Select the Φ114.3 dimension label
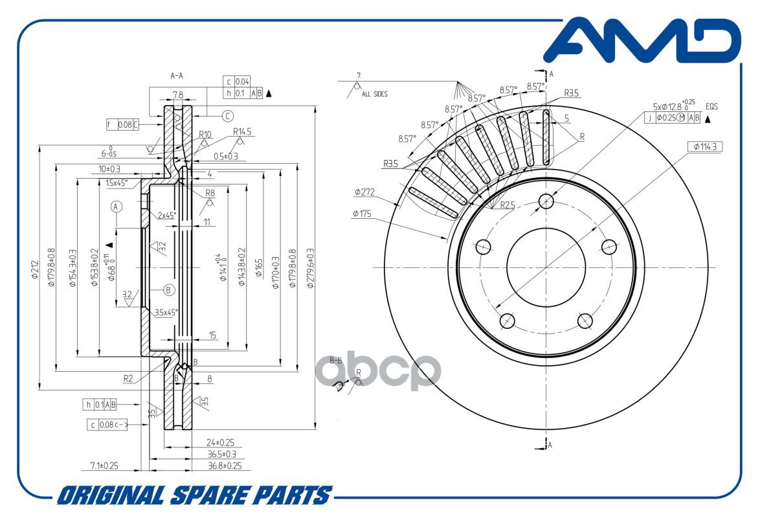(x=704, y=147)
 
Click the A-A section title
(x=177, y=76)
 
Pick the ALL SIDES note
(x=375, y=94)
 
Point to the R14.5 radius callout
(x=242, y=131)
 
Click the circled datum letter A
(x=116, y=207)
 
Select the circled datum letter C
(x=228, y=116)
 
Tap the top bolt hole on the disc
(x=546, y=200)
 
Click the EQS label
(x=712, y=106)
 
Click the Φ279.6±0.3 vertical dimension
(x=310, y=267)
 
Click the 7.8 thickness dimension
(x=177, y=95)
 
